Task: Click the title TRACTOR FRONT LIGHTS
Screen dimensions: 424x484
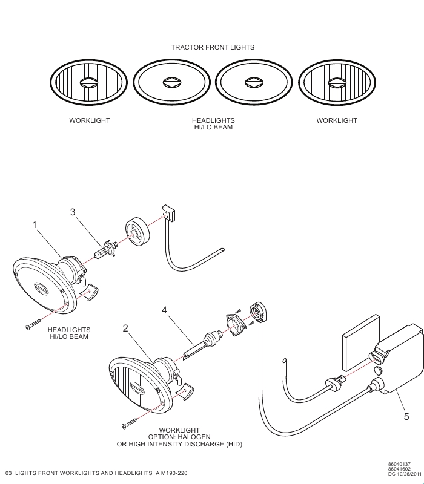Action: click(213, 47)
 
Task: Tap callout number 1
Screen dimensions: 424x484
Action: click(35, 224)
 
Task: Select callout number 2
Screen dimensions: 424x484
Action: click(125, 328)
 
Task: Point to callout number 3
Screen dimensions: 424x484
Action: click(73, 212)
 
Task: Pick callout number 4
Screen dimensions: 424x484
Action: click(164, 310)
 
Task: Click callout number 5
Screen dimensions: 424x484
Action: click(406, 417)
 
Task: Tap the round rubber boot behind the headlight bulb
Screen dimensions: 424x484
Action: click(137, 232)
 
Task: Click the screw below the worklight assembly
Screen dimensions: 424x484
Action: click(129, 423)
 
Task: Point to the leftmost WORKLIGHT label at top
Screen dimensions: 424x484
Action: click(90, 120)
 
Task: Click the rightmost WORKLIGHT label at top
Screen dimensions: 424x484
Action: click(337, 120)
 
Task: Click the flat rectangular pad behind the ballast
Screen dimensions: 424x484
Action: click(360, 342)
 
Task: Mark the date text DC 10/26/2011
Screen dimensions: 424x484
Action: click(405, 474)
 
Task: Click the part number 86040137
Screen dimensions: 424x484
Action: click(399, 464)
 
